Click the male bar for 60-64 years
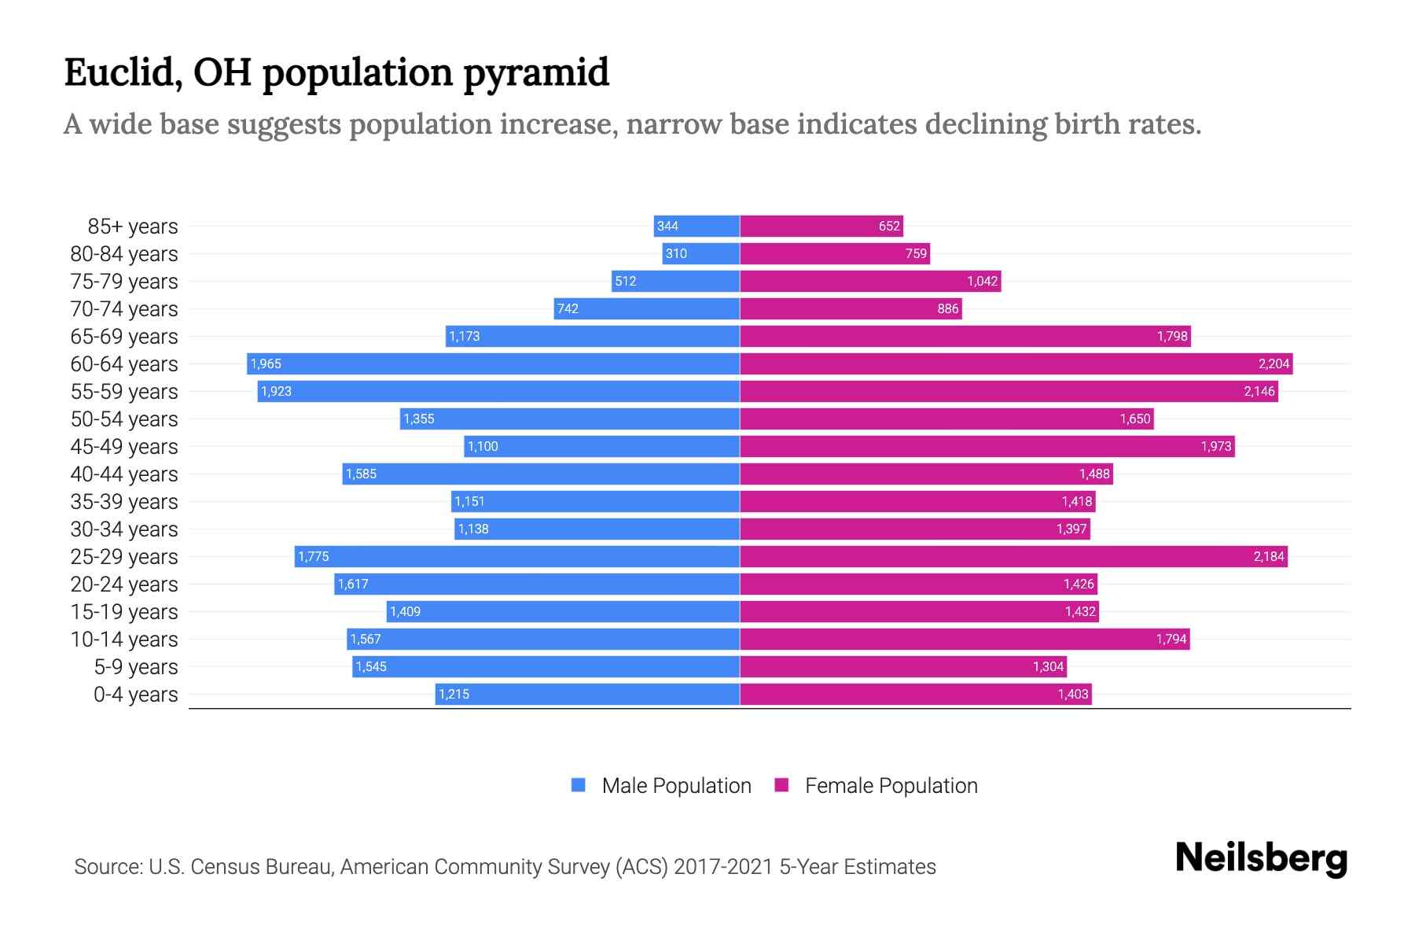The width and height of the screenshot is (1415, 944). (493, 363)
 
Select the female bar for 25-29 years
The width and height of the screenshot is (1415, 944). (1013, 556)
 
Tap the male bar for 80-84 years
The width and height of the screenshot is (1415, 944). (700, 253)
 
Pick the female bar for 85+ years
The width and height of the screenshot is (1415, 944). (821, 226)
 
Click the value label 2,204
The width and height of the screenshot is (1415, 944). (1273, 363)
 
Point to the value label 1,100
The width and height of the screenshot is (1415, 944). (483, 446)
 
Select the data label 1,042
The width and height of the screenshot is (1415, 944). (982, 281)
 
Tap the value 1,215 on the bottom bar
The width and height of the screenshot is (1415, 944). (454, 694)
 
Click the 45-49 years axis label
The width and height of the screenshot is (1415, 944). (124, 446)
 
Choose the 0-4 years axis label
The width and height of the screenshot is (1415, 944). (135, 694)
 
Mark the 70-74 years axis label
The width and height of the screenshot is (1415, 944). (124, 308)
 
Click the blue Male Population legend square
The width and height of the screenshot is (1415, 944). (579, 785)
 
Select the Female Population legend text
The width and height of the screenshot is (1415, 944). (891, 785)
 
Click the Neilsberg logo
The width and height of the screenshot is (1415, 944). (1261, 858)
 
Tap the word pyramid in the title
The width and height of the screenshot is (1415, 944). (535, 73)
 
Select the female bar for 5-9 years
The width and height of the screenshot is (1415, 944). (903, 666)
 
